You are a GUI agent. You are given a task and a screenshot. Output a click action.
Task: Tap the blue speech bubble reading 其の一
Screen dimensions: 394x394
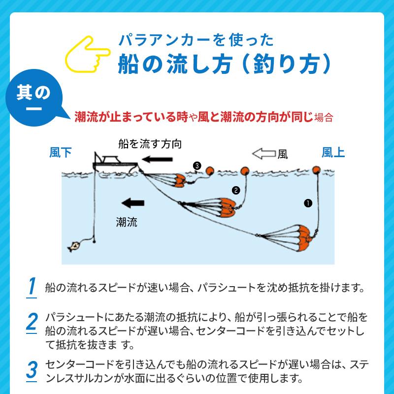tap(34, 98)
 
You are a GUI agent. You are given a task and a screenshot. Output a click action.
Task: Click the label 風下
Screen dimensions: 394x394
tap(60, 153)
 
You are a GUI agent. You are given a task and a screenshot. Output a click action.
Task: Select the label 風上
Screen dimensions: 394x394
tap(333, 153)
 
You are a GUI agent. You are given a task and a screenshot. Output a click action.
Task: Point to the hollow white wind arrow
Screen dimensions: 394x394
tap(264, 154)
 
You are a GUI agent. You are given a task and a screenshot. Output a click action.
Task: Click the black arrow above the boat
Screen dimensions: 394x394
tap(157, 159)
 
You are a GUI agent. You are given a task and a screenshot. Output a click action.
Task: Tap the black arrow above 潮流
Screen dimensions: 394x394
tap(133, 203)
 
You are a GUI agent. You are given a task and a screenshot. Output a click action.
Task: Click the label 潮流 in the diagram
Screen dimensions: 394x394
tap(127, 222)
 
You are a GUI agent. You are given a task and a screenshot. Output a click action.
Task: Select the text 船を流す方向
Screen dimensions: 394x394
tap(150, 144)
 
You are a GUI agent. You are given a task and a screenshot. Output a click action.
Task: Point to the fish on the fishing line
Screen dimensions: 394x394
tap(73, 246)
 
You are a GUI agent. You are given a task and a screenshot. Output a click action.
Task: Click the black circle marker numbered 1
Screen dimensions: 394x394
tap(308, 203)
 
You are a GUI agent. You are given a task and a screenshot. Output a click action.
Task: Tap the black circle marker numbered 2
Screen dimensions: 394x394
tap(236, 191)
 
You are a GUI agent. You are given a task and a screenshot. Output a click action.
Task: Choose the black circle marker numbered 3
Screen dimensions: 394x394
tap(197, 166)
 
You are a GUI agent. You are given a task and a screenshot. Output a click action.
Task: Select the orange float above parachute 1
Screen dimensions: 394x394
tap(316, 170)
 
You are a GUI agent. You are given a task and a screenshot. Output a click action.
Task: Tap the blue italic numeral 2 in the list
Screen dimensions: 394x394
tap(32, 322)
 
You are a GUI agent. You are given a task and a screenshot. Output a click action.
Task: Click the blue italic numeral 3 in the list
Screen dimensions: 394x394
tap(32, 370)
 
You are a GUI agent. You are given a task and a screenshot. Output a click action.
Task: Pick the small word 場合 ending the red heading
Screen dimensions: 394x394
tap(324, 118)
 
